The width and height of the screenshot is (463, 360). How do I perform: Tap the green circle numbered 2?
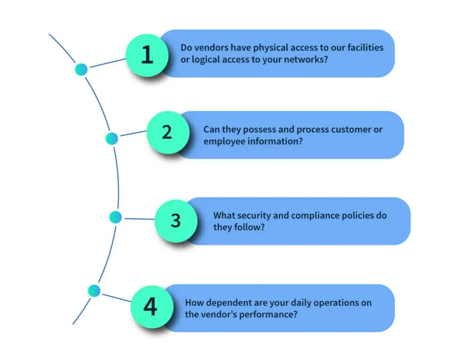point(167,132)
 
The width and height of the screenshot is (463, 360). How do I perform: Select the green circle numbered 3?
point(176,221)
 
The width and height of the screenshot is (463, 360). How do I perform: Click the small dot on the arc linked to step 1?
point(81,69)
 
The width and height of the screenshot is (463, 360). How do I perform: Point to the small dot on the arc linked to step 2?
point(112,139)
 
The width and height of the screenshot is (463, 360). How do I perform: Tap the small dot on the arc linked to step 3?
point(116,217)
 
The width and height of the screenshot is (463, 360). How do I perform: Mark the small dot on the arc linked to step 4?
point(94,290)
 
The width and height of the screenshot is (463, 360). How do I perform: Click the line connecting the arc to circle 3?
point(138,219)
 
